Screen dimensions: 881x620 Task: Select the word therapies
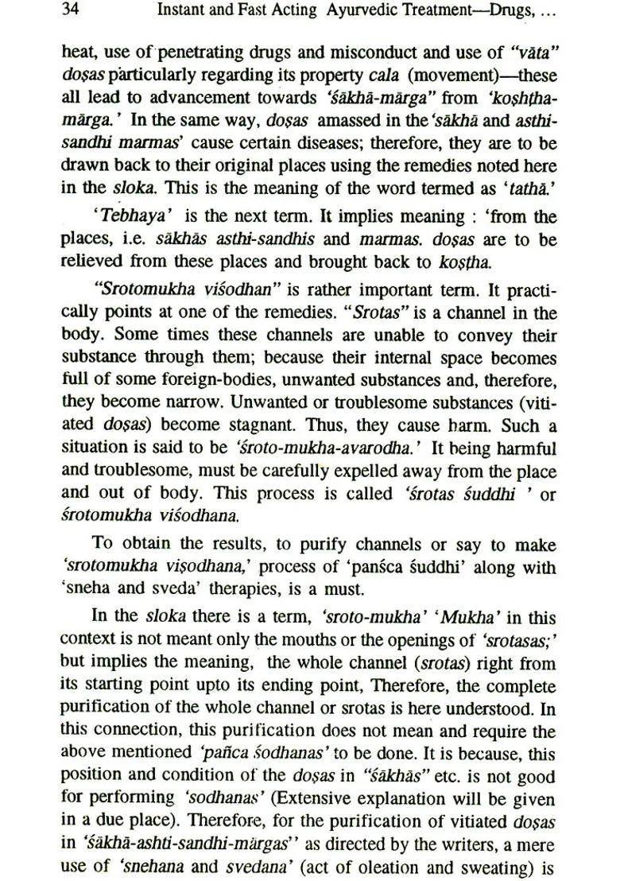[254, 589]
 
